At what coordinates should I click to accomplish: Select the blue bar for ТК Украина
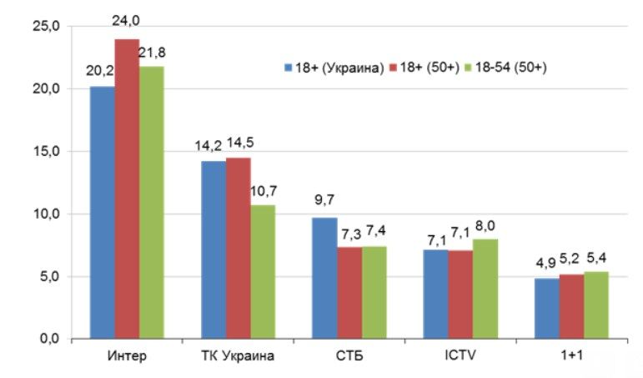pyautogui.click(x=213, y=250)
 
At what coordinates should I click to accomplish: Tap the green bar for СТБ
pyautogui.click(x=374, y=293)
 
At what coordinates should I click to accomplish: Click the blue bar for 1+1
pyautogui.click(x=546, y=309)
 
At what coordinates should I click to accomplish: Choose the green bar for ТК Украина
pyautogui.click(x=263, y=272)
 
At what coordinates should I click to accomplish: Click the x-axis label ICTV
pyautogui.click(x=460, y=356)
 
